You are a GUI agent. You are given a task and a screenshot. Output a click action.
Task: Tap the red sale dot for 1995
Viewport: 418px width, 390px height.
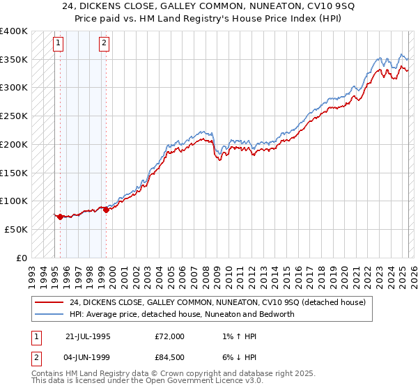pyautogui.click(x=60, y=217)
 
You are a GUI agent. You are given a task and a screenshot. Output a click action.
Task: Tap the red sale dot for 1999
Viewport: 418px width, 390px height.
pyautogui.click(x=106, y=210)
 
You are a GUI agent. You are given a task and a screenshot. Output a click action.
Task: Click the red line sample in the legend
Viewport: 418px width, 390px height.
pyautogui.click(x=49, y=302)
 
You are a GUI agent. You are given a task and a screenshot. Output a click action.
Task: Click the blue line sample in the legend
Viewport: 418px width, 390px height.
pyautogui.click(x=49, y=314)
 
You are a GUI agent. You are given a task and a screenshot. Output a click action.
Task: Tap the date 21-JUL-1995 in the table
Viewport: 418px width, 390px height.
pyautogui.click(x=88, y=336)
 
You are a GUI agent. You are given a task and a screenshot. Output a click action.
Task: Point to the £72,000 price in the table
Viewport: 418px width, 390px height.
pyautogui.click(x=169, y=336)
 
